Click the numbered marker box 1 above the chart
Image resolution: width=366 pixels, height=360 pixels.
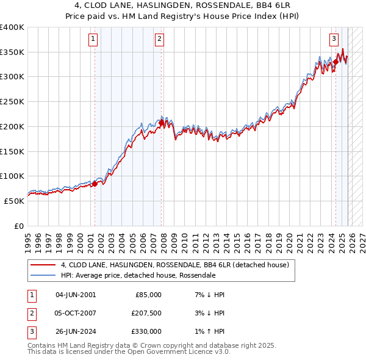click(x=93, y=40)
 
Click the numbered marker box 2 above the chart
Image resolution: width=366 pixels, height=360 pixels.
click(x=159, y=40)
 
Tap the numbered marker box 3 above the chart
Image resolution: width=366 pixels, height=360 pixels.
click(x=334, y=40)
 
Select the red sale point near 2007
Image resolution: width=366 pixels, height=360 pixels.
click(x=161, y=123)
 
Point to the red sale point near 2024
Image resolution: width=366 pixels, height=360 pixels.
click(x=335, y=62)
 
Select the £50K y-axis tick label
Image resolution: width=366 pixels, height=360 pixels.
click(x=15, y=201)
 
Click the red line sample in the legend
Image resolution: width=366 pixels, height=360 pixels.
click(x=43, y=265)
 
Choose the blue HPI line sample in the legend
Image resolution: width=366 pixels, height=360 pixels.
click(x=43, y=275)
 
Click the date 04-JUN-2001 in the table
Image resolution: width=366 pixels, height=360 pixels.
click(x=76, y=295)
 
